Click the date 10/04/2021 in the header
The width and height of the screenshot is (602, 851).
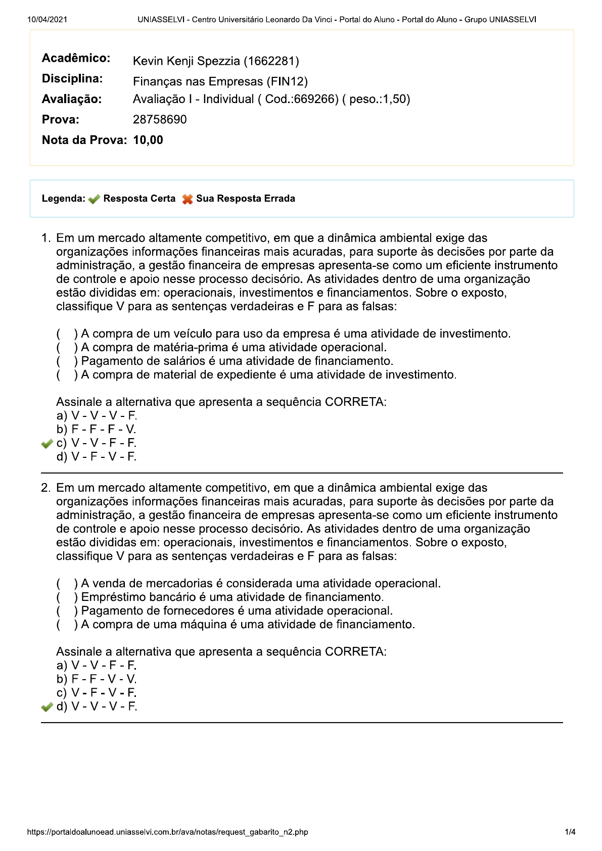(47, 20)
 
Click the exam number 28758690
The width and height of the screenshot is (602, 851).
(160, 120)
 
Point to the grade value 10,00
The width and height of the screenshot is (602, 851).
(148, 140)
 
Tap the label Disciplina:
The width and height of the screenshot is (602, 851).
(72, 79)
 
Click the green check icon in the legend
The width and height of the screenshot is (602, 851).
(94, 199)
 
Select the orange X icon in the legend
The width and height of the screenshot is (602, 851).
(188, 199)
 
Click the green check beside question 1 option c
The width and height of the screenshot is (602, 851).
(47, 444)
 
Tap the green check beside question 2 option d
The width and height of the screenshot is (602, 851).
(47, 707)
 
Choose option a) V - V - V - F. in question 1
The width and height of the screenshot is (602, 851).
(97, 416)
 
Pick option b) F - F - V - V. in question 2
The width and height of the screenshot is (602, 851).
(97, 679)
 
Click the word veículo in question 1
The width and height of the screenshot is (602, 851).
(191, 334)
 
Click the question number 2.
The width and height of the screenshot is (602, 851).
(45, 488)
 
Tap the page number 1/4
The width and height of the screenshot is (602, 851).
(570, 832)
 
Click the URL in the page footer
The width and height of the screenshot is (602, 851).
(167, 832)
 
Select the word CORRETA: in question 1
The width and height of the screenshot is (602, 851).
(355, 402)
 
